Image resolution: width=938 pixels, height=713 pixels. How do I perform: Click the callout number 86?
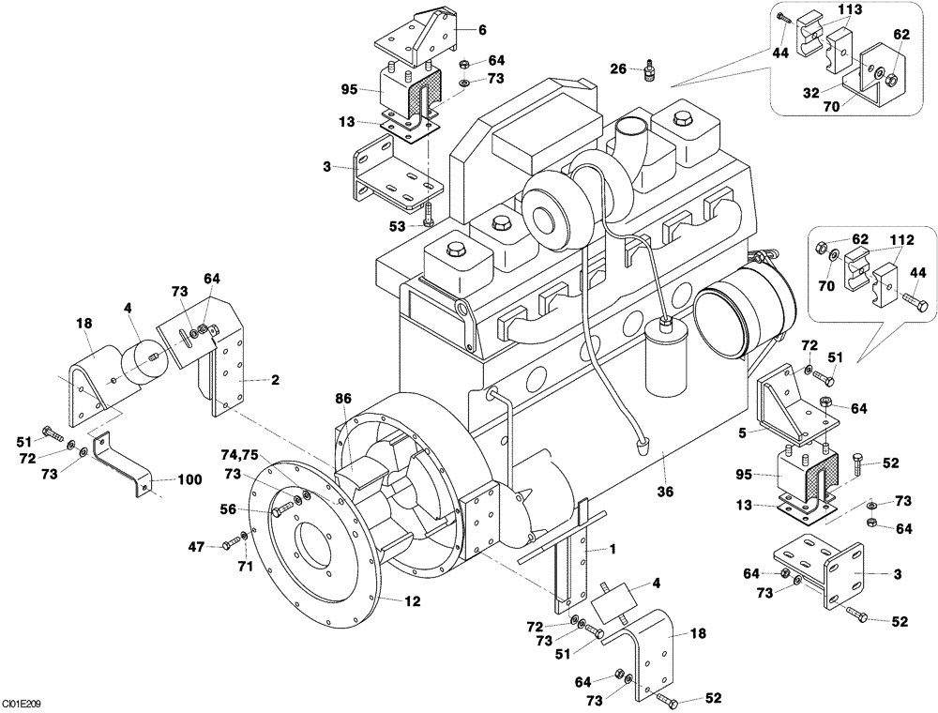coord(343,399)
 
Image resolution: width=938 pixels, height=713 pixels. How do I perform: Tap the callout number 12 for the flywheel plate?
coord(412,600)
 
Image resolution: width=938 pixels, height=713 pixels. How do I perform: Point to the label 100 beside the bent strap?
coord(189,479)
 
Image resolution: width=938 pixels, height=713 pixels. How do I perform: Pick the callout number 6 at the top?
coord(482,30)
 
